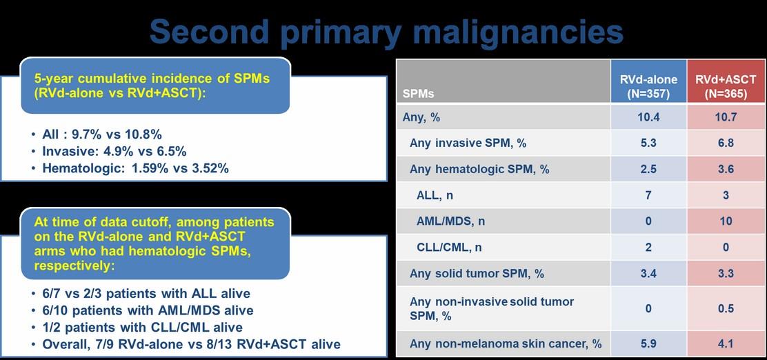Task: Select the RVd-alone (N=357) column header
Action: (x=648, y=87)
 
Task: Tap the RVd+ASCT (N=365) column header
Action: (x=726, y=87)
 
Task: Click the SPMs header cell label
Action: (x=418, y=93)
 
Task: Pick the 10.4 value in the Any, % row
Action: (x=648, y=117)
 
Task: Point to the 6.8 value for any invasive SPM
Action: (x=726, y=143)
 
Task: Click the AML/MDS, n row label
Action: (x=451, y=221)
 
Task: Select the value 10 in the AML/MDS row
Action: (x=726, y=221)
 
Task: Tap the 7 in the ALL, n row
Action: (x=648, y=195)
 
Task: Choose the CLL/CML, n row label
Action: (x=449, y=247)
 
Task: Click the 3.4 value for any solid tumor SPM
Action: (x=648, y=273)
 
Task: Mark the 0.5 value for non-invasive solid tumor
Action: (x=726, y=309)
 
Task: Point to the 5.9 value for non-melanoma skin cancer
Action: (x=648, y=344)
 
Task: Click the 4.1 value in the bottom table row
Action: (x=726, y=344)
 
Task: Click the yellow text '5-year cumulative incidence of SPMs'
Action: (x=152, y=78)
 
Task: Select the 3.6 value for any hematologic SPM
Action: (x=726, y=169)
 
